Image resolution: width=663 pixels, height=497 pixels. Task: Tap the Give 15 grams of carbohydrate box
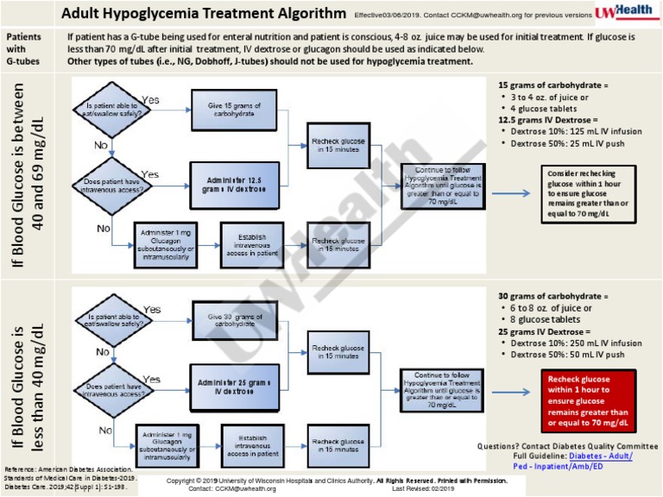[233, 110]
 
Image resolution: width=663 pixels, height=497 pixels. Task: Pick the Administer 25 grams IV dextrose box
[233, 386]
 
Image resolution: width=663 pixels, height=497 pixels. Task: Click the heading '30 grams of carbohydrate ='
[552, 296]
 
